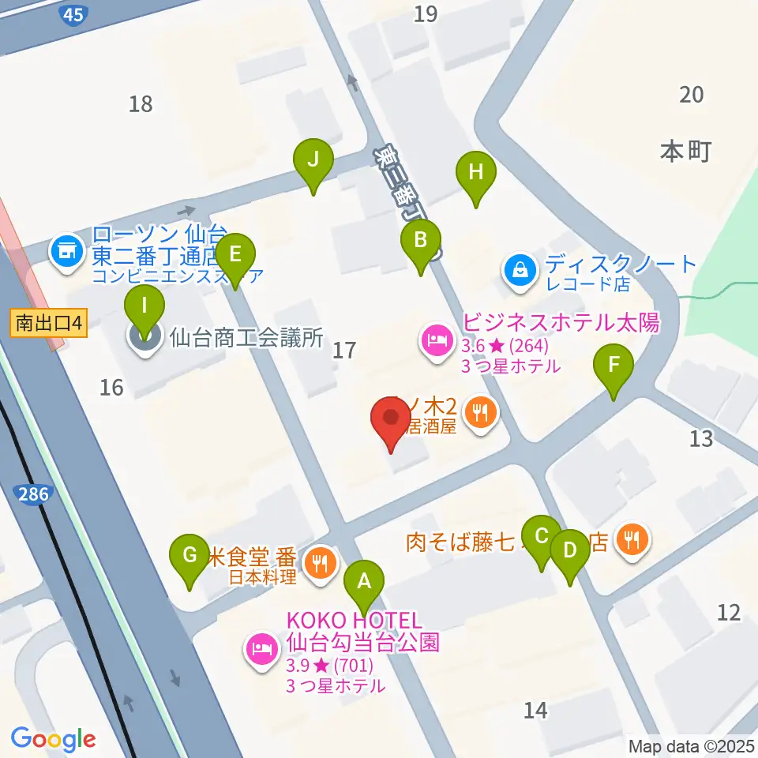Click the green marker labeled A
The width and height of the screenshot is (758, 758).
[x=364, y=582]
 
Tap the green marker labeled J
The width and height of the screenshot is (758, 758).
[x=313, y=160]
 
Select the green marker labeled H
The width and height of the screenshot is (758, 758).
[x=475, y=171]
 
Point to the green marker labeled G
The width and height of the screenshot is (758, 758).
[x=190, y=555]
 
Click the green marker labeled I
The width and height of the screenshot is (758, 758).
[x=144, y=304]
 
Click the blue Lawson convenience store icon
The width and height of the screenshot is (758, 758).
[x=66, y=252]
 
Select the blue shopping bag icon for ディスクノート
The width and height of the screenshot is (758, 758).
[x=520, y=270]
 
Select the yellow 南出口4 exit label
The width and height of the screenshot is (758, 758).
[x=48, y=322]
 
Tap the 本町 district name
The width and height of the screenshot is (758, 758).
[x=685, y=151]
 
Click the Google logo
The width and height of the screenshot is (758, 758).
[x=53, y=739]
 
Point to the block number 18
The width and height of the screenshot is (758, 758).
[x=141, y=103]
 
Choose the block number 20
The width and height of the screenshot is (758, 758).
[x=691, y=95]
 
